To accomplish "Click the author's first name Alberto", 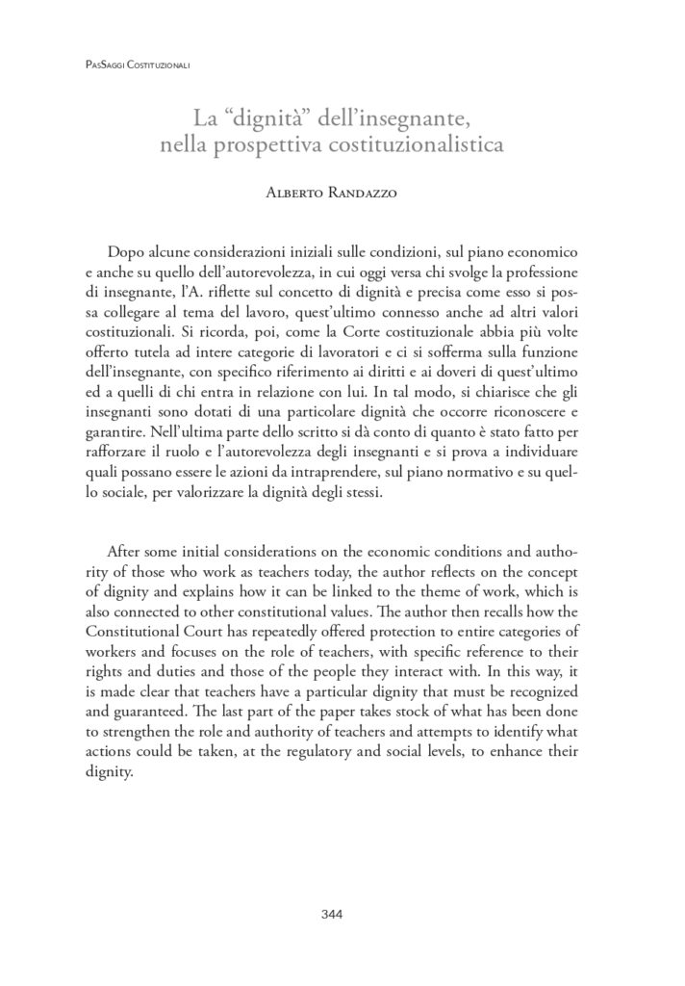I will click(x=297, y=193).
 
